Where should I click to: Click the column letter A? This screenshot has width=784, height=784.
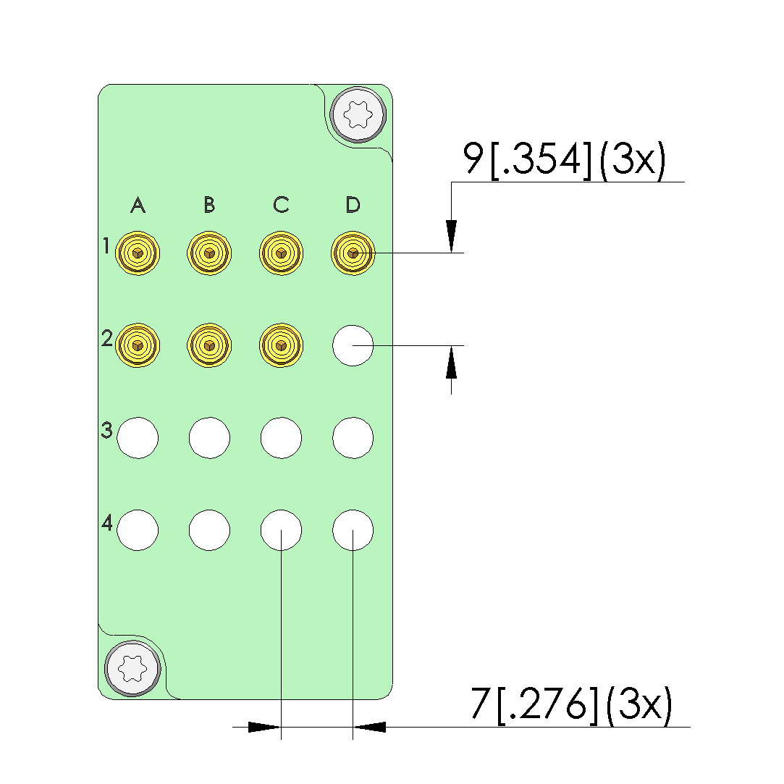tap(138, 205)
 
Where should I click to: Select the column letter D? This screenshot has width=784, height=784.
tap(353, 204)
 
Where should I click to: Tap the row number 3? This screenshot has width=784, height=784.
tap(106, 430)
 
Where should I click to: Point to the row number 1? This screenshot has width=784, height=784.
tap(106, 245)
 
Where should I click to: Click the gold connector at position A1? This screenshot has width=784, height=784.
tap(138, 253)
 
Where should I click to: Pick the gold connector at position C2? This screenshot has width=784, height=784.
tap(281, 345)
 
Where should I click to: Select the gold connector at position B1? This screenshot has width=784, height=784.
tap(209, 253)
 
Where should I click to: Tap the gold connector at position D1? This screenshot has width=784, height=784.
tap(353, 253)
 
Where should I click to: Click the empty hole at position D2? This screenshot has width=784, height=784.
tap(353, 345)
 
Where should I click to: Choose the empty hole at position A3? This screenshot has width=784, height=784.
tap(138, 438)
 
